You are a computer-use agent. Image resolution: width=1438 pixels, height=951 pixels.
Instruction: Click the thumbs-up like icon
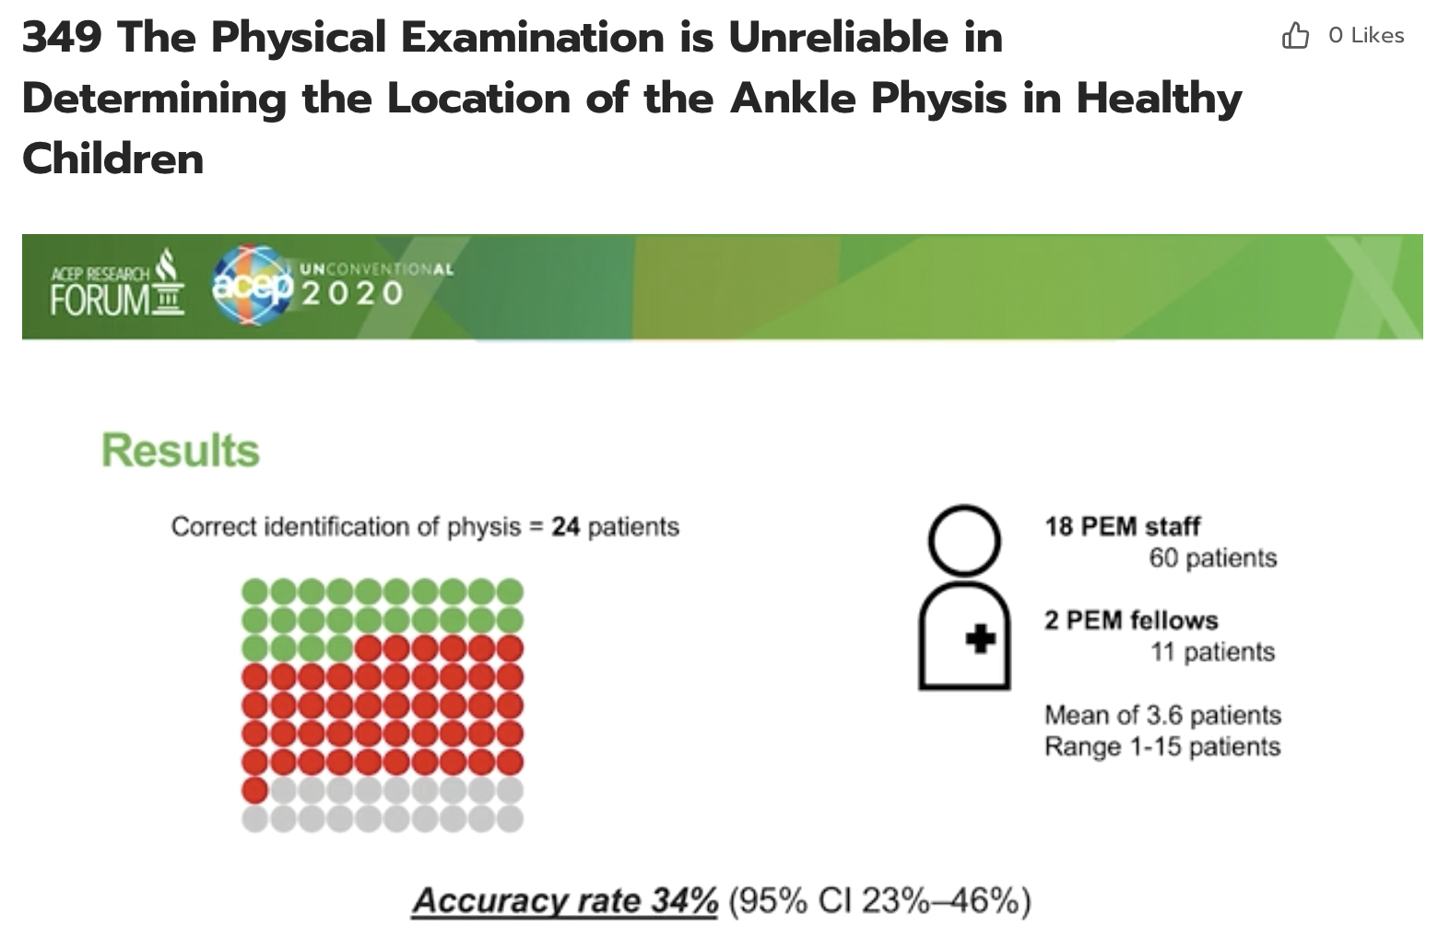tap(1295, 36)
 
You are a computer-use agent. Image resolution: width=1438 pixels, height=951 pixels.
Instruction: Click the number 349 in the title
tap(61, 37)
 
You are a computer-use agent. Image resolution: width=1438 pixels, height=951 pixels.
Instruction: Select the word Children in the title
tap(112, 158)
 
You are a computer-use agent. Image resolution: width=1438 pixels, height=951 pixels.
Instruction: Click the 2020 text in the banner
tap(353, 294)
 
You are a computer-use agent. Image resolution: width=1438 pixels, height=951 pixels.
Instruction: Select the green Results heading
tap(181, 451)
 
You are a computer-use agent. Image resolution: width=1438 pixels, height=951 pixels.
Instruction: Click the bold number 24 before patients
tap(565, 527)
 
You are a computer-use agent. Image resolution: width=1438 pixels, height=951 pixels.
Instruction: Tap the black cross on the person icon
tap(980, 638)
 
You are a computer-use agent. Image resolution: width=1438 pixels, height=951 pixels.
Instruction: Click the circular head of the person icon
tap(963, 540)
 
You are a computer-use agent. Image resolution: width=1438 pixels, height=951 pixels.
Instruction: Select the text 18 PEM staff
tap(1122, 526)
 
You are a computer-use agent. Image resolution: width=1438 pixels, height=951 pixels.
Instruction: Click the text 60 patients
tap(1212, 558)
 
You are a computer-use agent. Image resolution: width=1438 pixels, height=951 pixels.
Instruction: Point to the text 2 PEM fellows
tap(1131, 620)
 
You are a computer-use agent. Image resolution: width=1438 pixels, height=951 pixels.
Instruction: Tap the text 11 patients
tap(1212, 652)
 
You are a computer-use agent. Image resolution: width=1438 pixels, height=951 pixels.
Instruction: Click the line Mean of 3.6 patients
tap(1162, 715)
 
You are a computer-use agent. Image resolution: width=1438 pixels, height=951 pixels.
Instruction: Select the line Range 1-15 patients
tap(1162, 746)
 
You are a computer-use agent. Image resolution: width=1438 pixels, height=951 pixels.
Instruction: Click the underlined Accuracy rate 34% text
tap(564, 900)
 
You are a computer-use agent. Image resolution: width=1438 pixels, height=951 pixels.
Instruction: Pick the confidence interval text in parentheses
tap(879, 900)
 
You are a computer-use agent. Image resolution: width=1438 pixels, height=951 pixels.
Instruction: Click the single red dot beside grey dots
tap(255, 790)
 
